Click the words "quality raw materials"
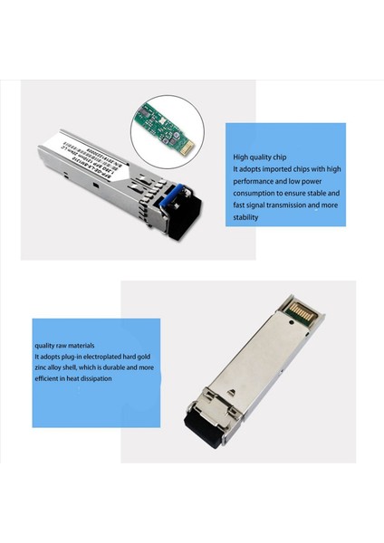point(64,345)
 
